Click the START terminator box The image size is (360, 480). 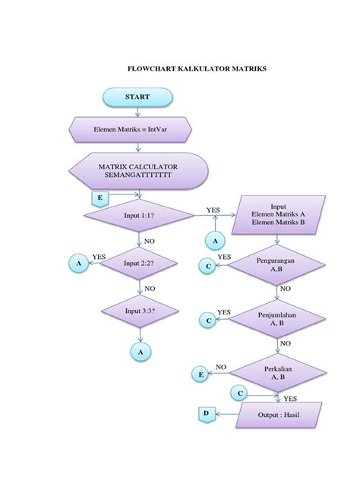point(138,97)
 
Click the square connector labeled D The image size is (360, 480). point(204,414)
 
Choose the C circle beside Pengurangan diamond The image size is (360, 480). point(205,265)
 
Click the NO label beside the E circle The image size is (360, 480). point(221,367)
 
